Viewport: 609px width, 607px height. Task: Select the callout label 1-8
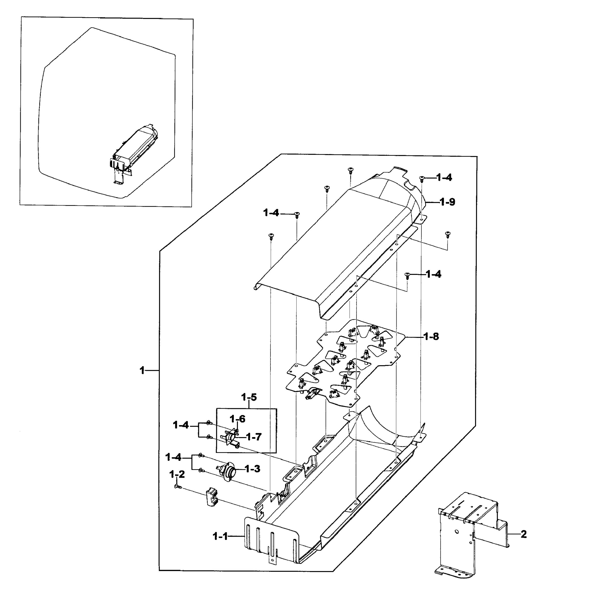[431, 337]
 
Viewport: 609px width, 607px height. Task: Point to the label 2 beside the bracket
[524, 534]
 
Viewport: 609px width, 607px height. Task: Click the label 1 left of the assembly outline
[142, 370]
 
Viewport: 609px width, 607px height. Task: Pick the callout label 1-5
[249, 397]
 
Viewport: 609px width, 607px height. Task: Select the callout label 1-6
[237, 419]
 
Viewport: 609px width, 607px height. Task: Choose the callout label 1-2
[177, 474]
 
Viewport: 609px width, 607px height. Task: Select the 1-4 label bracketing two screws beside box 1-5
[181, 425]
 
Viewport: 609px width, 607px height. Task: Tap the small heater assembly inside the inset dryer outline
[134, 148]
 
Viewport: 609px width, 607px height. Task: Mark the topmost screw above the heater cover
[350, 170]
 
